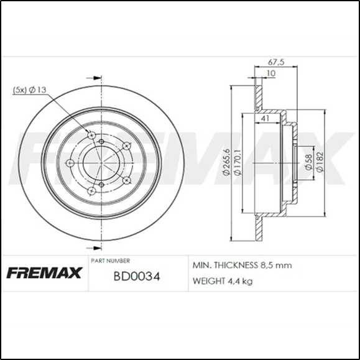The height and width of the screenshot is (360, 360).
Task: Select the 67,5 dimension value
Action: point(276,62)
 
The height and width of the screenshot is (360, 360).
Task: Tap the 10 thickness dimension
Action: point(269,74)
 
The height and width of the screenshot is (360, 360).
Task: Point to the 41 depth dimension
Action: point(265,118)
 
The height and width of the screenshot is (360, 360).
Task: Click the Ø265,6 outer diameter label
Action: point(228,164)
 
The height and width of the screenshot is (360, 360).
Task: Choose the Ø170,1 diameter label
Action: point(238,164)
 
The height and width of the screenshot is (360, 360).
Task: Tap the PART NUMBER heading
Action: point(110,261)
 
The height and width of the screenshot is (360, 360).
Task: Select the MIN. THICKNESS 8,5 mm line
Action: point(242,265)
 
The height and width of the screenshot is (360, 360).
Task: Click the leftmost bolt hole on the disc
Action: point(70,163)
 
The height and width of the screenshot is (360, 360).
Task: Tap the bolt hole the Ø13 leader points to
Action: point(92,135)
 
